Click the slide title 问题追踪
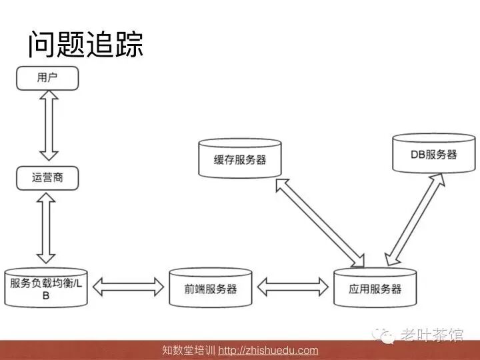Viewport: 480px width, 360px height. (85, 45)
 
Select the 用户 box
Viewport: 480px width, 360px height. (47, 77)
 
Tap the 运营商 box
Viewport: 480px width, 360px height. (47, 178)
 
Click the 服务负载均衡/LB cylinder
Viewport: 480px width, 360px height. (46, 288)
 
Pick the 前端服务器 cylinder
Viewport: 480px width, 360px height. (210, 288)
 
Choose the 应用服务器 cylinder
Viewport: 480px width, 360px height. (375, 288)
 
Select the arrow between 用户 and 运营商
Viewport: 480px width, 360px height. (47, 127)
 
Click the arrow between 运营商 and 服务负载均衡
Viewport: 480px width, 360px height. (47, 227)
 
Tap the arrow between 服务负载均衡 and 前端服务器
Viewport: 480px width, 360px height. (128, 287)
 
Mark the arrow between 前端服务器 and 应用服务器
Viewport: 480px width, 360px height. (293, 287)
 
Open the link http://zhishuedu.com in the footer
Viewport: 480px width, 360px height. (268, 351)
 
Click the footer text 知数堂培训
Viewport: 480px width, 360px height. (189, 351)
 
